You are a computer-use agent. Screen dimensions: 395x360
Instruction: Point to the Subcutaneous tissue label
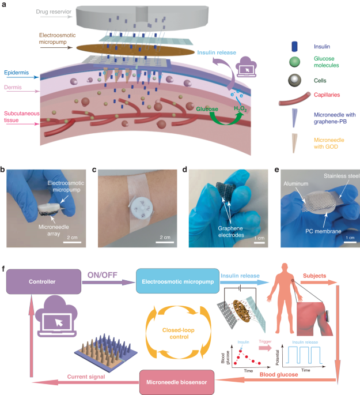coord(19,118)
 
